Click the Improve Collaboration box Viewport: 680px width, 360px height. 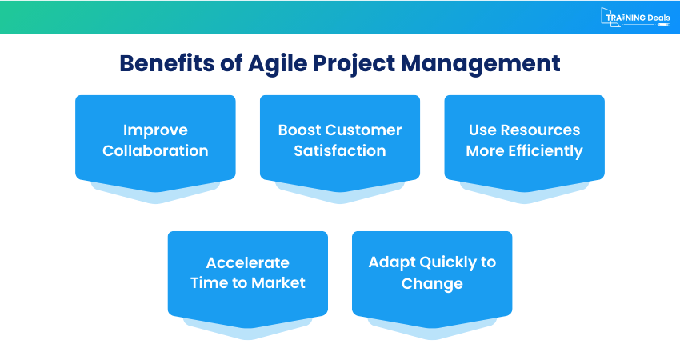(x=155, y=140)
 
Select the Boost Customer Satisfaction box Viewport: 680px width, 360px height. (x=340, y=140)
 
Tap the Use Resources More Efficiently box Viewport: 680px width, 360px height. (x=524, y=140)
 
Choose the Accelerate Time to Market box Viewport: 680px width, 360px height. (x=247, y=273)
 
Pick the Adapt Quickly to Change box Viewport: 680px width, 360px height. (x=432, y=273)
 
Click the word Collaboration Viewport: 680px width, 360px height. (x=155, y=151)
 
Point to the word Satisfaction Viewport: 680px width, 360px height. (x=340, y=151)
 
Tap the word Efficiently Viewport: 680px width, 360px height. (x=545, y=151)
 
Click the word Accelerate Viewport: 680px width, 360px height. (x=247, y=262)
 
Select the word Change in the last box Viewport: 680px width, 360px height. (x=432, y=284)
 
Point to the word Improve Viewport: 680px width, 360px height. (x=155, y=130)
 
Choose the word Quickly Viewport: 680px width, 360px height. (x=444, y=262)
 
